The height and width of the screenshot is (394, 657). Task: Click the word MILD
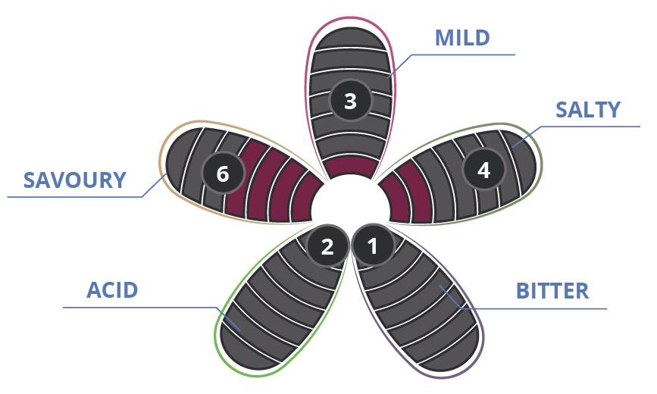click(x=462, y=38)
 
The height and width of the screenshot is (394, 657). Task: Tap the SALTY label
click(x=587, y=110)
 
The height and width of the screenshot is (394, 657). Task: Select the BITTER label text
click(x=552, y=291)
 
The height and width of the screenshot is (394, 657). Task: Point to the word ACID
click(x=112, y=290)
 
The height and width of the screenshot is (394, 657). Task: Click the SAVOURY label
click(x=74, y=180)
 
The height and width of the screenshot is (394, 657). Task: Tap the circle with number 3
click(x=350, y=101)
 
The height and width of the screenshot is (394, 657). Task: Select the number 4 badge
click(x=483, y=170)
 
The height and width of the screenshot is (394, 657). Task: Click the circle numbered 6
click(x=223, y=173)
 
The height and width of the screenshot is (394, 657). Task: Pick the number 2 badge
click(x=327, y=245)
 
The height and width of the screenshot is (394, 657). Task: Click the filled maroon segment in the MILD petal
click(x=351, y=167)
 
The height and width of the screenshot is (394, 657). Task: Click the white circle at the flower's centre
click(x=351, y=202)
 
